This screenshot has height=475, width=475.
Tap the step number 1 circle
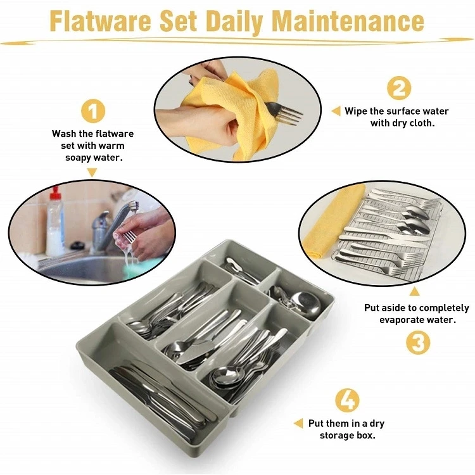92,111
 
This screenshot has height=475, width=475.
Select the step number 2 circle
398,88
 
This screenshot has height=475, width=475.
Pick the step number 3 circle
417,343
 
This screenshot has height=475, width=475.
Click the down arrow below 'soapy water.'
92,172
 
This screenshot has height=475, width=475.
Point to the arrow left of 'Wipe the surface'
336,111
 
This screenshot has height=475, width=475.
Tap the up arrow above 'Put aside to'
414,291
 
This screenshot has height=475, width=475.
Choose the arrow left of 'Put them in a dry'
298,423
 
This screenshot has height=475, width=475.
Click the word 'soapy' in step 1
80,156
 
